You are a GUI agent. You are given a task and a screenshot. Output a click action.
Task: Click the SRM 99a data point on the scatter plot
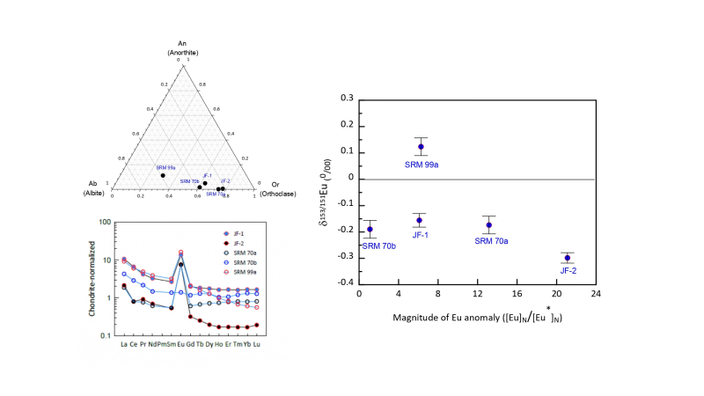(x=422, y=147)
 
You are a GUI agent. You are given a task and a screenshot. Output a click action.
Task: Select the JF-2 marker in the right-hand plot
(x=568, y=258)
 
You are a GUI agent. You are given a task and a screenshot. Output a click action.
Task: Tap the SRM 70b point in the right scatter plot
(x=370, y=229)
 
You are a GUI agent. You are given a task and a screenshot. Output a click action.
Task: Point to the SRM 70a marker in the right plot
(x=488, y=225)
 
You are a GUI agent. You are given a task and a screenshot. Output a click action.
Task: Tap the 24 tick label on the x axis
(x=596, y=294)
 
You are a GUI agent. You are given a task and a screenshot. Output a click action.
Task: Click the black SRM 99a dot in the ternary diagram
(x=163, y=175)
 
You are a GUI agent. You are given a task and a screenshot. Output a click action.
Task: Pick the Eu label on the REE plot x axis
(x=181, y=345)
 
